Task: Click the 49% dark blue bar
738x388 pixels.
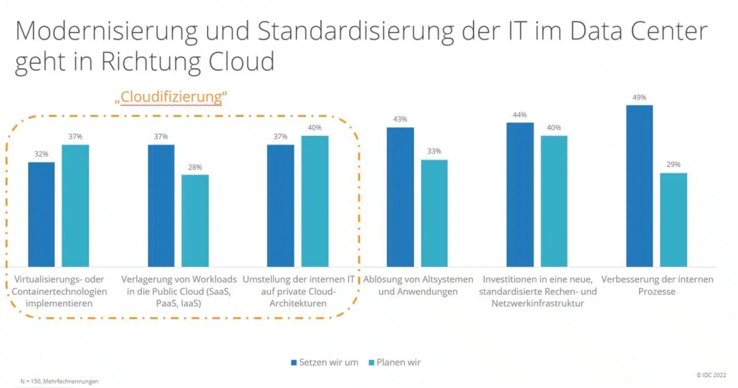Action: pyautogui.click(x=639, y=186)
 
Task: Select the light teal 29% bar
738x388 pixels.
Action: pyautogui.click(x=673, y=220)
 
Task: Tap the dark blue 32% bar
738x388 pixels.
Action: pyautogui.click(x=42, y=214)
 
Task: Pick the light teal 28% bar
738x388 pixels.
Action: pyautogui.click(x=195, y=220)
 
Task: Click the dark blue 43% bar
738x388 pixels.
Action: pyautogui.click(x=401, y=197)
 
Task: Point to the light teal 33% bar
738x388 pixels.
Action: pyautogui.click(x=434, y=213)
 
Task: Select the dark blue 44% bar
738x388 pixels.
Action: pyautogui.click(x=519, y=195)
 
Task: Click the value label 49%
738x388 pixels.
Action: pyautogui.click(x=639, y=97)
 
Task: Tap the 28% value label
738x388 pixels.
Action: pyautogui.click(x=195, y=167)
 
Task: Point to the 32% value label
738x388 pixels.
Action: pyautogui.click(x=42, y=155)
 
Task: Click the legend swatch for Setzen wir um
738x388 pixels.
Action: pyautogui.click(x=294, y=362)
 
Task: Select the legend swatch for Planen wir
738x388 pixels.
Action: pyautogui.click(x=370, y=362)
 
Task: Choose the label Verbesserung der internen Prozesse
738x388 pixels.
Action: pyautogui.click(x=657, y=285)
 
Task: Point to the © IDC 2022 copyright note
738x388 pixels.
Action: pyautogui.click(x=713, y=374)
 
